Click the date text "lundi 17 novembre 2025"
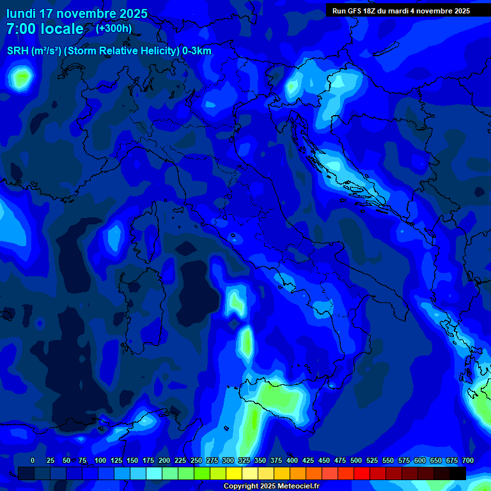[x=77, y=13]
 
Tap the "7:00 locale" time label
[x=45, y=29]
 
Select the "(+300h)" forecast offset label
[x=113, y=28]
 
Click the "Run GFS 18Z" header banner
[x=401, y=11]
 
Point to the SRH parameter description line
[x=109, y=51]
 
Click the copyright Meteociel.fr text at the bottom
[x=270, y=486]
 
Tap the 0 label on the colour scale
[x=33, y=460]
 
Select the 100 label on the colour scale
[x=100, y=460]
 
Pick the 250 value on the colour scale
[x=196, y=460]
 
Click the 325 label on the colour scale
[x=244, y=460]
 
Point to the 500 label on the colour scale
[x=356, y=460]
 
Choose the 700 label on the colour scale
[x=467, y=460]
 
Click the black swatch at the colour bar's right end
[x=457, y=473]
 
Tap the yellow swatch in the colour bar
[x=233, y=473]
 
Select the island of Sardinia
[x=146, y=300]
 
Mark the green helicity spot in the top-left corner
[x=21, y=79]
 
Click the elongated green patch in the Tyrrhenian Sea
[x=245, y=342]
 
